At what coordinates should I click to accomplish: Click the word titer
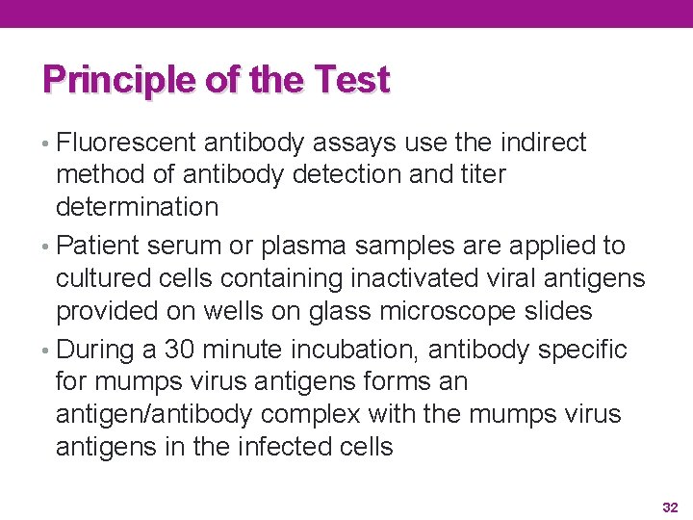(483, 174)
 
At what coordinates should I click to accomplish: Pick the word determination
(138, 206)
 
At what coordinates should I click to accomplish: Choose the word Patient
(100, 246)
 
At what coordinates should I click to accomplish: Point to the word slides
(555, 310)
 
